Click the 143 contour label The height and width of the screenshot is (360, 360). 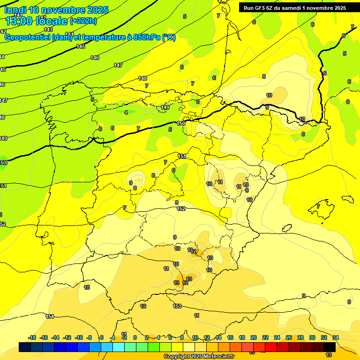click(x=48, y=29)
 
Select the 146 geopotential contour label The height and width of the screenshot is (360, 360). click(x=95, y=58)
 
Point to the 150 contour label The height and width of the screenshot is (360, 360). click(x=181, y=123)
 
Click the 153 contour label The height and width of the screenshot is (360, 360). click(x=177, y=306)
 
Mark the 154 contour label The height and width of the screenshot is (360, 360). click(x=50, y=316)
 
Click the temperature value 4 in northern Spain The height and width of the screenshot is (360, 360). click(x=126, y=112)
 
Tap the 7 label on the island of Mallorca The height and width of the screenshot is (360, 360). click(x=318, y=206)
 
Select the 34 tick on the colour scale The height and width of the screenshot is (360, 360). click(x=336, y=337)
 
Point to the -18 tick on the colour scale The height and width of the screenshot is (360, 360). click(x=32, y=337)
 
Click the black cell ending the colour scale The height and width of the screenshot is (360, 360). click(x=329, y=347)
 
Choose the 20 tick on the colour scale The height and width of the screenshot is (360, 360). click(x=254, y=337)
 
